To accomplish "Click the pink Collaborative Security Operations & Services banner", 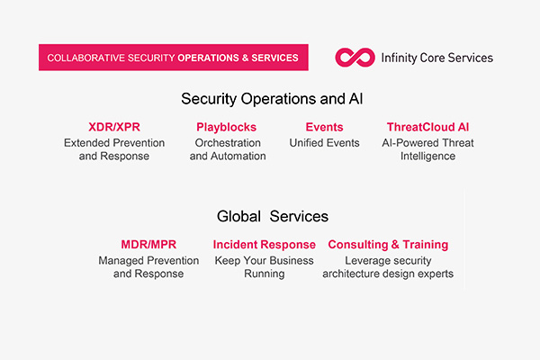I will click(x=173, y=58).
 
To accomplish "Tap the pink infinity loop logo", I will click(x=354, y=58).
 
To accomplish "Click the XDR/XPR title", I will click(x=113, y=127).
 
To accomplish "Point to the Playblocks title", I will click(x=227, y=127).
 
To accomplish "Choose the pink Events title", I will click(x=324, y=127).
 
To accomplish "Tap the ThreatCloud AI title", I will click(x=428, y=127).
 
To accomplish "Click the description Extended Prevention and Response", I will click(x=113, y=149).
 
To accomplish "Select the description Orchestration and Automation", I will click(x=228, y=149).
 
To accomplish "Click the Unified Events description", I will click(x=324, y=143).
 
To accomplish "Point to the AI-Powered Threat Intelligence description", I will click(x=428, y=149).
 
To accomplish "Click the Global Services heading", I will click(x=273, y=216).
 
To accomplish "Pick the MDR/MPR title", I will click(x=148, y=244).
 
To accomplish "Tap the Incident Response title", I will click(x=265, y=244).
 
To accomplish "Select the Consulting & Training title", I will click(x=388, y=244).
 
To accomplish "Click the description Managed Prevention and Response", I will click(x=148, y=266).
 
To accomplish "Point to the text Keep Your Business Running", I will click(x=265, y=266).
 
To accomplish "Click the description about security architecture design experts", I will click(x=388, y=266).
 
